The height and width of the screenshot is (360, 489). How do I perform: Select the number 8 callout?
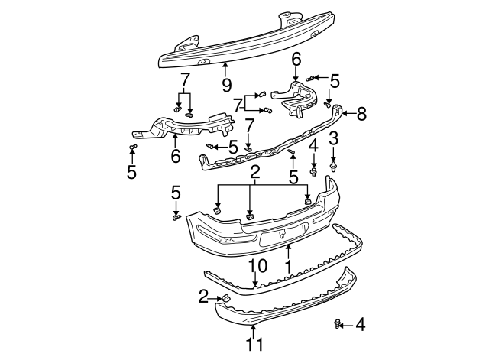361,114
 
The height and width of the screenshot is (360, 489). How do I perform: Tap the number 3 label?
333,138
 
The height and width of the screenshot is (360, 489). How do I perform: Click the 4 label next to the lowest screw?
360,325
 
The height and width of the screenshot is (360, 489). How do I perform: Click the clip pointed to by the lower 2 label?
226,297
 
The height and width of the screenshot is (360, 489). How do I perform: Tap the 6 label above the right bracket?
296,59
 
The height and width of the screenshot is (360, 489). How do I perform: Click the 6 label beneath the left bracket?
175,157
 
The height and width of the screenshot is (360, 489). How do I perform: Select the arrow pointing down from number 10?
254,280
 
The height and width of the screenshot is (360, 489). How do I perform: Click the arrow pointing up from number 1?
288,250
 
